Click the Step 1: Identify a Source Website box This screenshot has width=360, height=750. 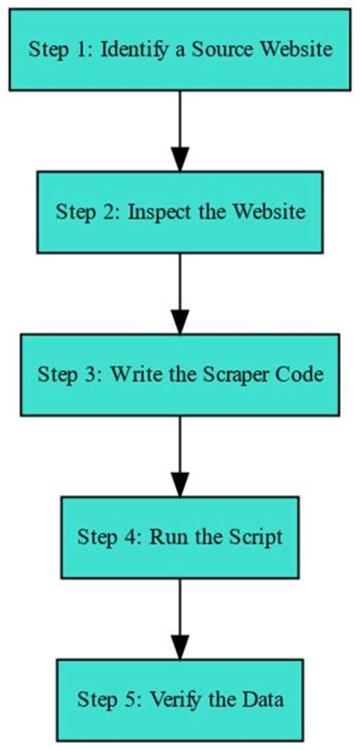pyautogui.click(x=180, y=50)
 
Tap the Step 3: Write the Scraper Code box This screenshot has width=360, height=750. pyautogui.click(x=180, y=375)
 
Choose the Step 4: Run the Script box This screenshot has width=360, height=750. pyautogui.click(x=180, y=537)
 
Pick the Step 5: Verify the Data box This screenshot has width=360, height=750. pyautogui.click(x=180, y=698)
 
